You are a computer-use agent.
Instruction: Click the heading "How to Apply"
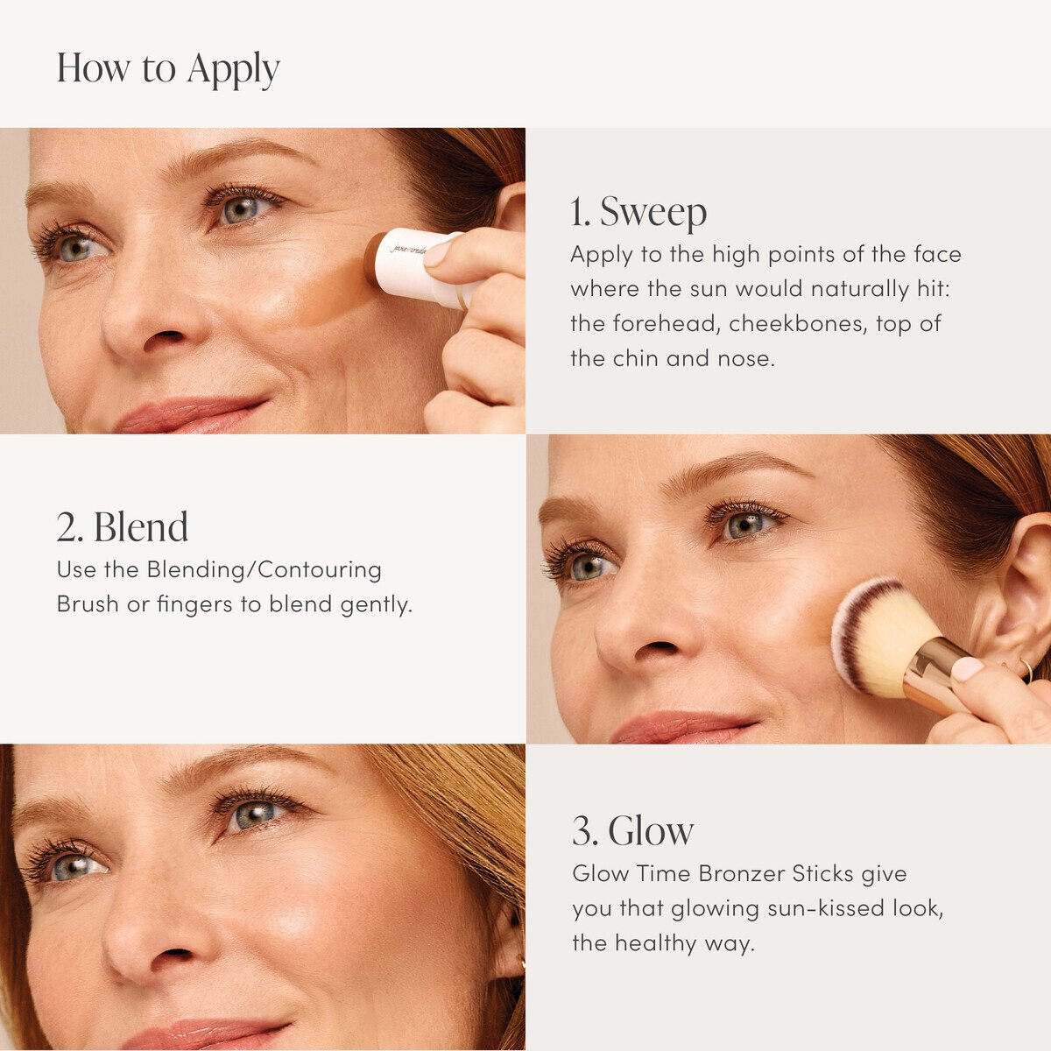click(x=168, y=69)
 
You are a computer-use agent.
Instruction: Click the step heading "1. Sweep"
click(x=638, y=212)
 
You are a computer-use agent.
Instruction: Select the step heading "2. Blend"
click(x=123, y=527)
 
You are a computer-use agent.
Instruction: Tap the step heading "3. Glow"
click(x=633, y=831)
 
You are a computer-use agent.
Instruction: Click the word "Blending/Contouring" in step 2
click(x=264, y=570)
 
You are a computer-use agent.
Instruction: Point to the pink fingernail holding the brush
click(x=967, y=670)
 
